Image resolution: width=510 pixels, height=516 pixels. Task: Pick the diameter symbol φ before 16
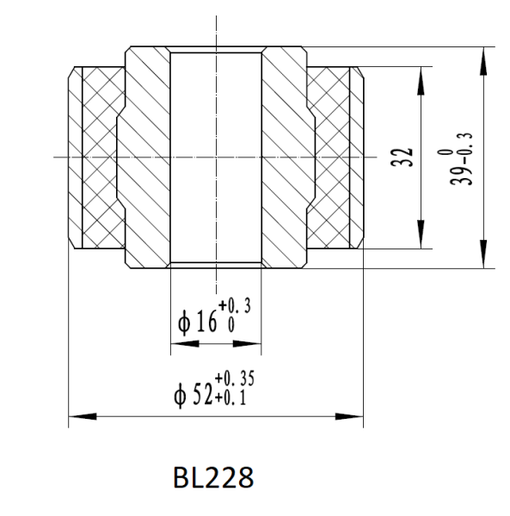click(x=182, y=323)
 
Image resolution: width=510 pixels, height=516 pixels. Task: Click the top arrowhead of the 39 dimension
click(x=485, y=53)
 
